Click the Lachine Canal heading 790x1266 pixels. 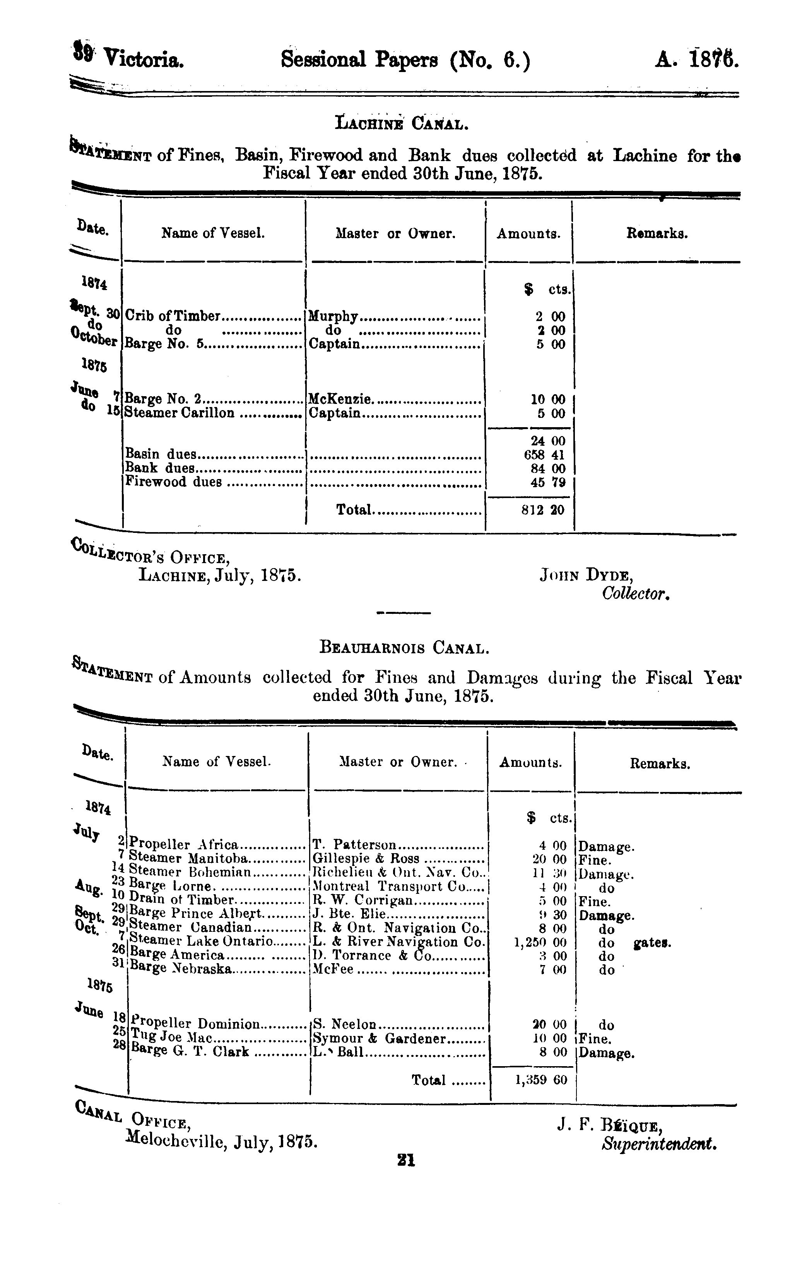pyautogui.click(x=401, y=124)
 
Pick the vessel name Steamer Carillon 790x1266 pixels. pyautogui.click(x=179, y=413)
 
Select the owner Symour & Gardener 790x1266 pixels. pyautogui.click(x=379, y=1039)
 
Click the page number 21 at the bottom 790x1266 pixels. pyautogui.click(x=406, y=1160)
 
